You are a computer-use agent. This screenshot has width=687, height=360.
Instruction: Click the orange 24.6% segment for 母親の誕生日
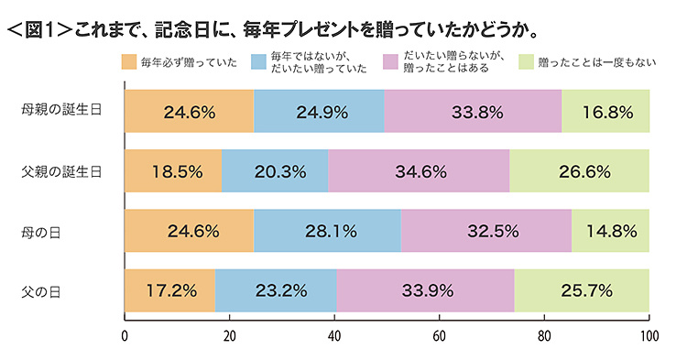[x=189, y=113]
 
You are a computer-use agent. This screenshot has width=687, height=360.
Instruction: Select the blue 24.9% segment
[x=319, y=113]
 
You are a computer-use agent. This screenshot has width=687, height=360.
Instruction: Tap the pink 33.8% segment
[x=473, y=113]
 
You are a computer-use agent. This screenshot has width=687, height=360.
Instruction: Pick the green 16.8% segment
[x=605, y=113]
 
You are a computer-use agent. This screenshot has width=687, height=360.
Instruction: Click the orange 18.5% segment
[x=172, y=171]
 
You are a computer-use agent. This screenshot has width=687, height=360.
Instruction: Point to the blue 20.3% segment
[x=274, y=171]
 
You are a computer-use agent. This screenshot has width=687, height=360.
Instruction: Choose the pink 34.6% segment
[x=419, y=171]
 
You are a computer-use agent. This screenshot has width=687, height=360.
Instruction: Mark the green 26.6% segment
[x=579, y=171]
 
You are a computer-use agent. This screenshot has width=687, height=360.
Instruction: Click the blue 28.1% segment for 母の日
[x=326, y=231]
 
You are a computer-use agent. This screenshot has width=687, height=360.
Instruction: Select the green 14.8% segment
[x=611, y=231]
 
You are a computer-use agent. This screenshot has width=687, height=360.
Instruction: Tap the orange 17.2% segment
[x=169, y=290]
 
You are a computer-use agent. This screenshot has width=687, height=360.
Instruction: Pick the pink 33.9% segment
[x=425, y=290]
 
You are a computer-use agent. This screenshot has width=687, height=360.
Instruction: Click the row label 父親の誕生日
[x=61, y=171]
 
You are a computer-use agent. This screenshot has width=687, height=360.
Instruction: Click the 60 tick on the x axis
[x=439, y=334]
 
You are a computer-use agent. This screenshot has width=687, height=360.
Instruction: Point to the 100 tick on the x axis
[x=649, y=334]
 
